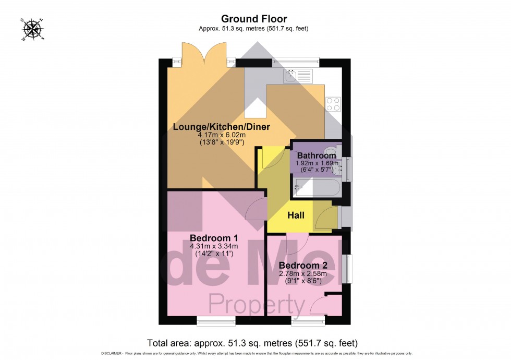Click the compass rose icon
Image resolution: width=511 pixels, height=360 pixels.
[33, 29]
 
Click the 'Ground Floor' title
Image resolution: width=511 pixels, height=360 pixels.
[255, 19]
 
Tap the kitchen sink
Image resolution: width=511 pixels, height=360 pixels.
[298, 76]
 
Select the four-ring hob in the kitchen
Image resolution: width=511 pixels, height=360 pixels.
[333, 104]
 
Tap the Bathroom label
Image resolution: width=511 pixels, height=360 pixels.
[317, 155]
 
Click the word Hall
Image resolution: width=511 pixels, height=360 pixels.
[296, 215]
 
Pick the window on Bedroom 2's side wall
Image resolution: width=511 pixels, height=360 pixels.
[347, 268]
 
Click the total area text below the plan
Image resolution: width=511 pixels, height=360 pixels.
[252, 343]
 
